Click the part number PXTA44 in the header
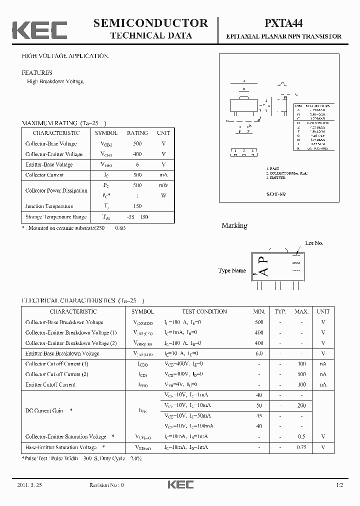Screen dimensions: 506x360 (x=283, y=23)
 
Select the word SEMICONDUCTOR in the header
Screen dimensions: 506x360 (x=150, y=23)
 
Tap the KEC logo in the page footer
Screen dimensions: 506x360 (x=180, y=485)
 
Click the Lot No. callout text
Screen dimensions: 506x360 (x=314, y=243)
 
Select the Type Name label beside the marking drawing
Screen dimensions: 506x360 (x=232, y=270)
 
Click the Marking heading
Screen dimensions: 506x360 (x=234, y=225)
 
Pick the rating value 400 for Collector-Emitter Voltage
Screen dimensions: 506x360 (x=137, y=154)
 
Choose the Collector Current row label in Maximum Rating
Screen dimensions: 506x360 (x=44, y=175)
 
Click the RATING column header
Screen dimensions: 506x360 (x=137, y=133)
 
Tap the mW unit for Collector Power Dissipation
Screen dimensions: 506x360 (x=163, y=185)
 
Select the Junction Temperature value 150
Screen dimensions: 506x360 (x=137, y=206)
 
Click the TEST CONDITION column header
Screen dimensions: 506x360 (x=204, y=311)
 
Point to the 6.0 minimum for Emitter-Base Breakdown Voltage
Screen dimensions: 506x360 (x=259, y=353)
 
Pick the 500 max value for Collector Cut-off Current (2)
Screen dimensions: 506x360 (x=301, y=374)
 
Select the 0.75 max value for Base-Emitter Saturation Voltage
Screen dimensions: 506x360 (x=301, y=447)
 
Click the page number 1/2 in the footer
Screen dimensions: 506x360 (x=340, y=485)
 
